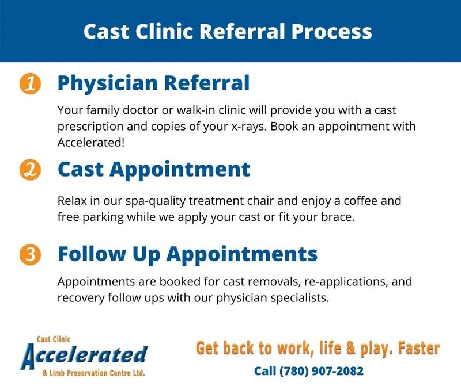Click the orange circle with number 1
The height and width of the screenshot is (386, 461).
(30, 83)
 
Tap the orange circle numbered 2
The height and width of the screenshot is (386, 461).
(30, 170)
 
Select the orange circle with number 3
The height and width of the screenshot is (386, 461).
(30, 254)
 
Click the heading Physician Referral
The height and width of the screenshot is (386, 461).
(153, 83)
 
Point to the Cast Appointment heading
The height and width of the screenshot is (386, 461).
(154, 170)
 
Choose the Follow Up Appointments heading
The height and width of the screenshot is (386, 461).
(188, 254)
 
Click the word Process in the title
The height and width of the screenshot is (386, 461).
(332, 32)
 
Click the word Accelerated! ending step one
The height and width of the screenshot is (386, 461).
(91, 142)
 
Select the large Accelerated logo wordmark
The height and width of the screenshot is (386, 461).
(84, 356)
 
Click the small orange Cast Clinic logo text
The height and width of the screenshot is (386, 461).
(54, 339)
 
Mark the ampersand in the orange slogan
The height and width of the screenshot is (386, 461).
(350, 348)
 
